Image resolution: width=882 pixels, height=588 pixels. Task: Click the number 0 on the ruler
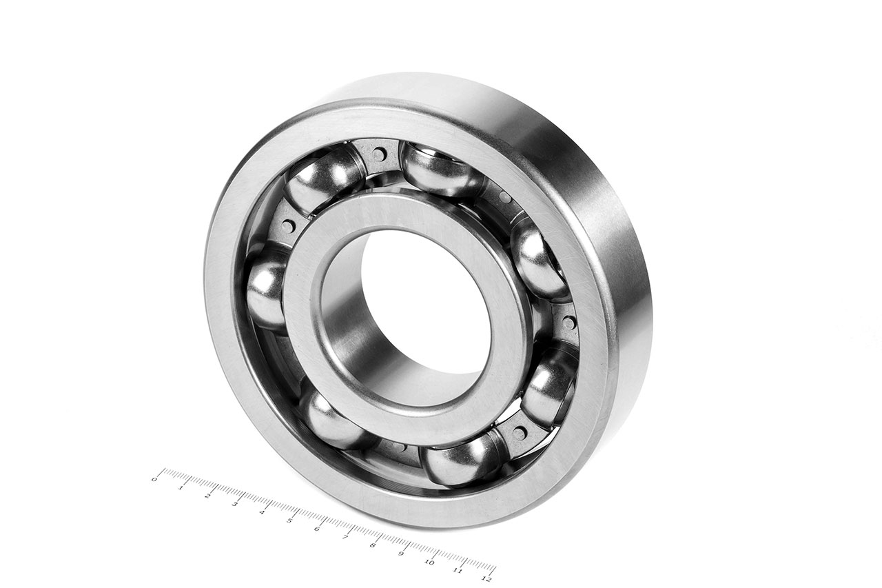tap(154, 478)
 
